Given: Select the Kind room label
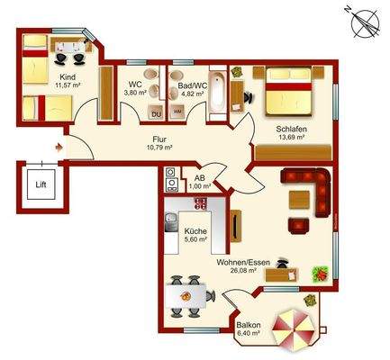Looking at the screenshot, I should (x=67, y=76).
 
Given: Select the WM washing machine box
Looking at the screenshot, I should (x=178, y=111).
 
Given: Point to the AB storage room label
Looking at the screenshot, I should (x=200, y=177).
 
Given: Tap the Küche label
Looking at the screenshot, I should (x=195, y=231).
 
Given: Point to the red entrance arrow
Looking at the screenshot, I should (x=58, y=143).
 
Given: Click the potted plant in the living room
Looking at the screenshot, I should (x=317, y=272).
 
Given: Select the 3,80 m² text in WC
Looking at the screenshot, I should (x=135, y=93).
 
